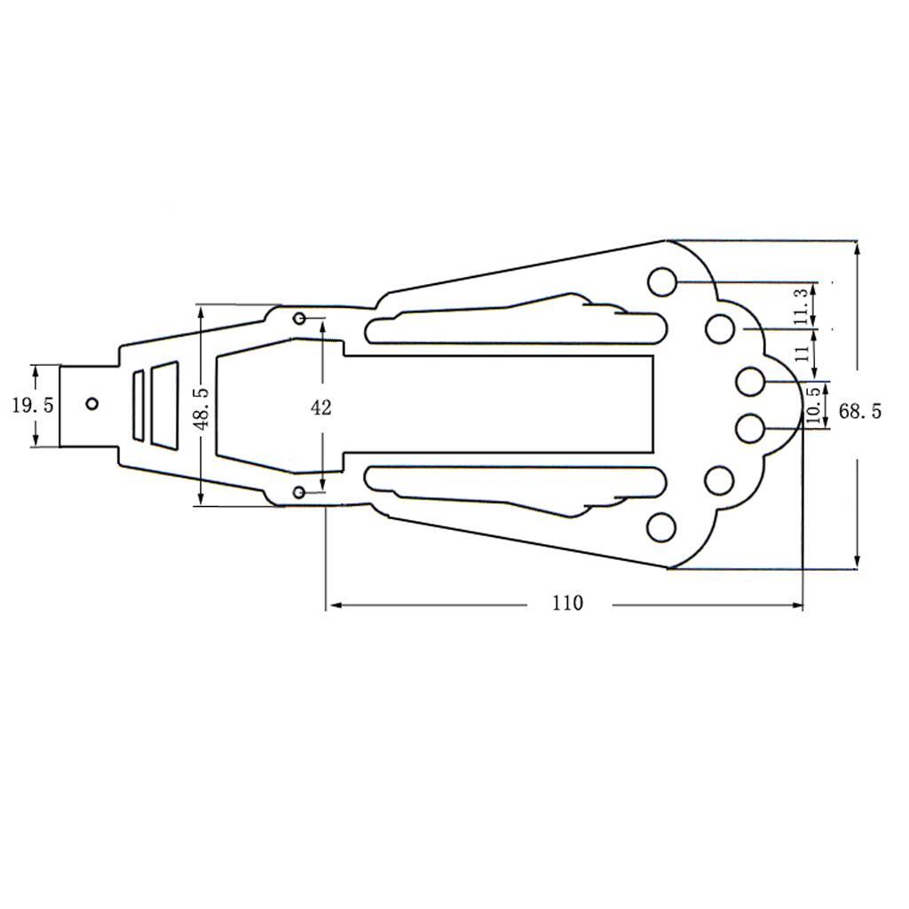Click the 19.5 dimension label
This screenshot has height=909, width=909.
point(33,406)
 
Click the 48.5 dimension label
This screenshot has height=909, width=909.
point(202,407)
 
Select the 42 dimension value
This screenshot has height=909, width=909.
point(321,407)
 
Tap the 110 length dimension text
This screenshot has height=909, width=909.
point(567,604)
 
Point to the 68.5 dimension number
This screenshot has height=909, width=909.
point(860,411)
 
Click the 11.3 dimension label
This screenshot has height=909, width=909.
point(802,306)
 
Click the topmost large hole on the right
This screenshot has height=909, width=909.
point(661,281)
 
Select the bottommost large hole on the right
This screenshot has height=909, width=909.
point(661,527)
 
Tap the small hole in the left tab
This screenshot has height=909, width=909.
point(92,404)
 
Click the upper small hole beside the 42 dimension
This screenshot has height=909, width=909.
point(299,319)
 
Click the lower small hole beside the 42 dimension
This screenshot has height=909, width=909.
point(299,492)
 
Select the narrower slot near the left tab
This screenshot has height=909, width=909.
point(138,405)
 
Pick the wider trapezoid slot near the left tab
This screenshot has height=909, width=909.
point(164,404)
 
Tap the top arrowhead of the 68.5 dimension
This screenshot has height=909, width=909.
point(857,249)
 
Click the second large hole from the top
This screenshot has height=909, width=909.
point(720,329)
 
